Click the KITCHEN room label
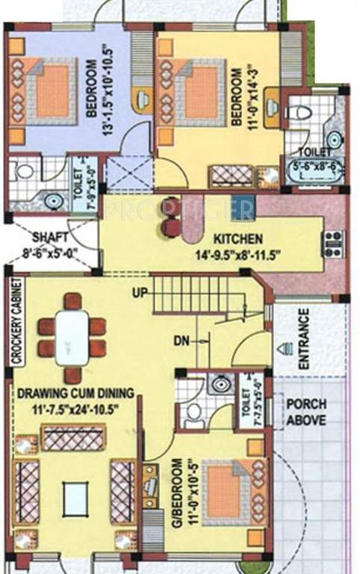(237, 239)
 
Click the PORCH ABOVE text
(306, 412)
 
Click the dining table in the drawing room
(72, 336)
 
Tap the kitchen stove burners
(332, 243)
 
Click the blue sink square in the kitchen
(242, 209)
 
